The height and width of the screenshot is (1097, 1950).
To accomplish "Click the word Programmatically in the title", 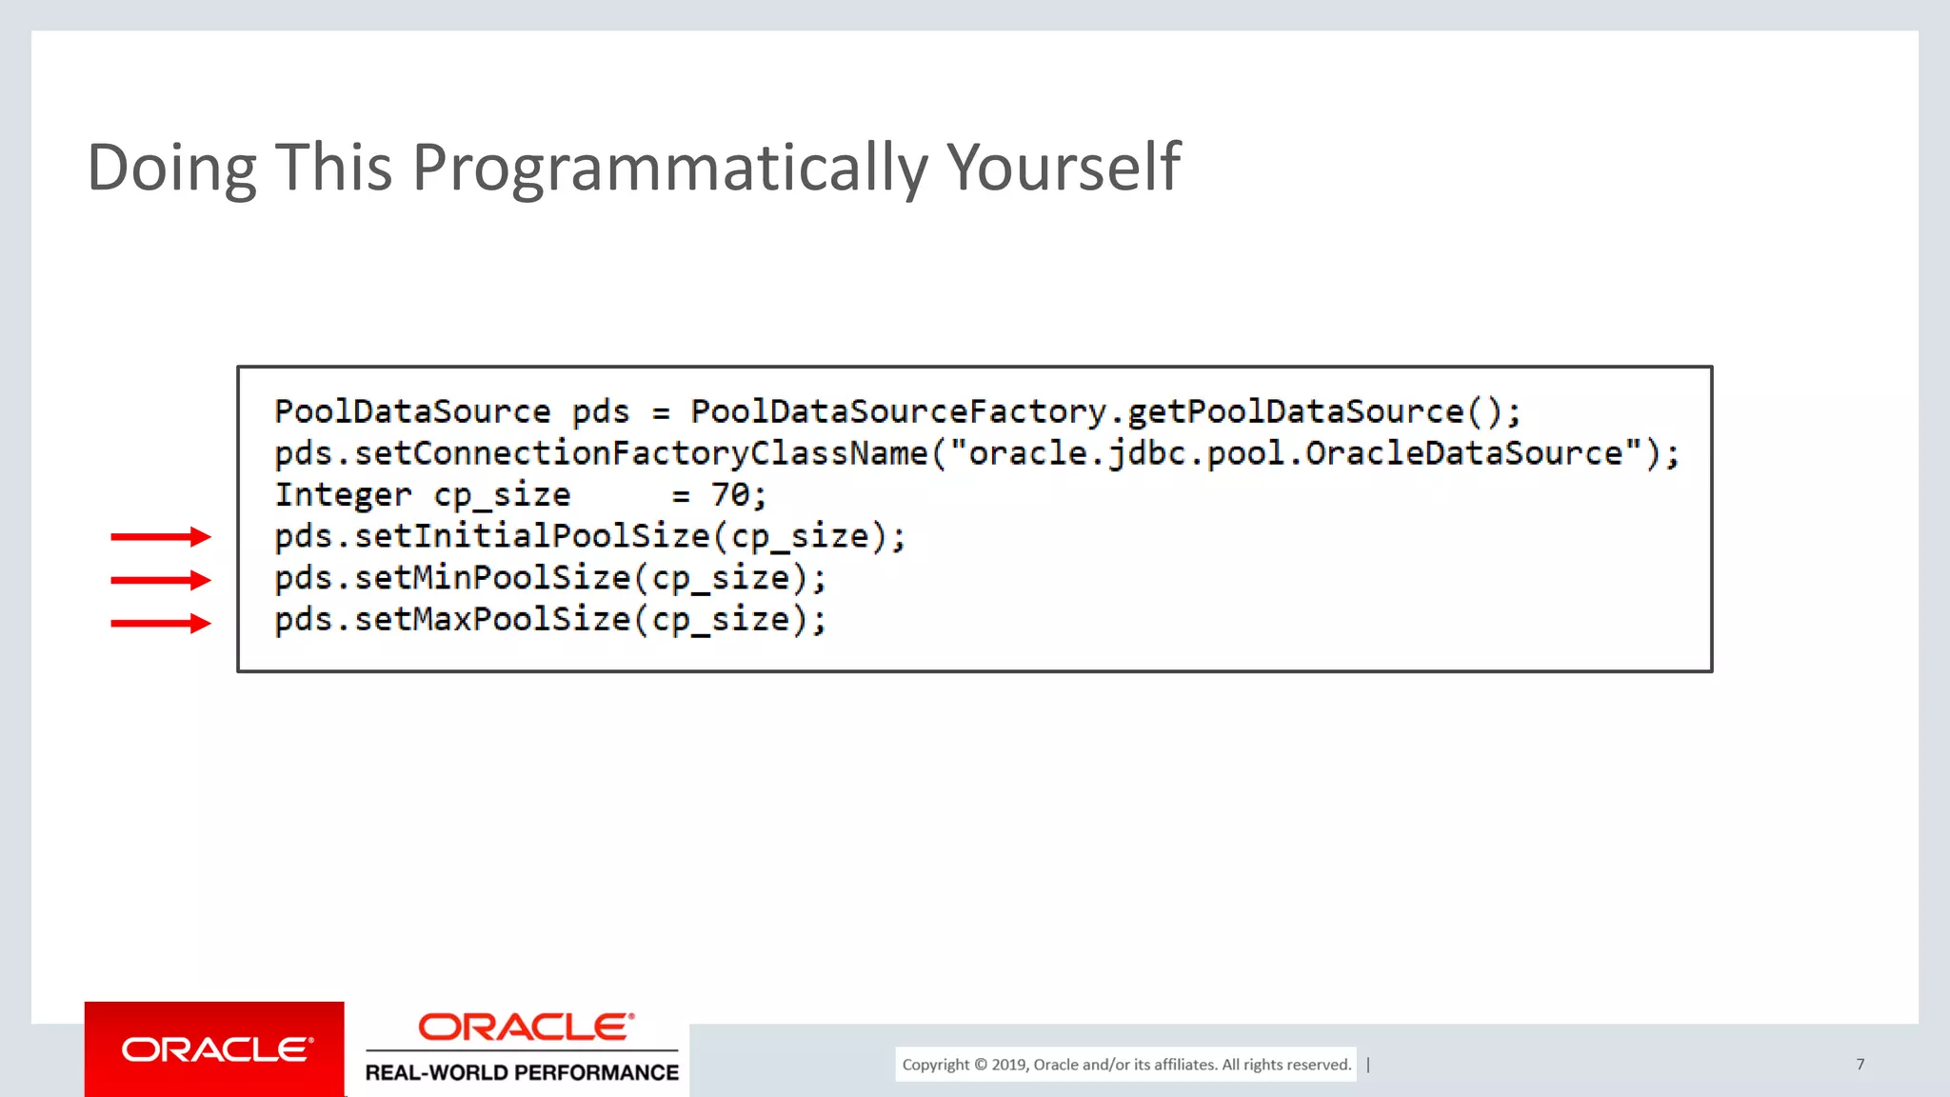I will (x=668, y=168).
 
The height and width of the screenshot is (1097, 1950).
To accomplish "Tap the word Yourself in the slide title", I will (x=1063, y=168).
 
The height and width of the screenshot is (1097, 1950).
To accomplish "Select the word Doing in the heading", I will (x=171, y=168).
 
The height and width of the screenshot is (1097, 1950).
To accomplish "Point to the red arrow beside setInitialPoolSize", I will (x=160, y=537).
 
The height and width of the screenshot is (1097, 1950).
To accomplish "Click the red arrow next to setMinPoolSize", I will (x=160, y=580).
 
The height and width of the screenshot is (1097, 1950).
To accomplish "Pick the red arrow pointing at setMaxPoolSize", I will (x=160, y=624).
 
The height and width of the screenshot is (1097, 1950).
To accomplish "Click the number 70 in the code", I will (x=731, y=495).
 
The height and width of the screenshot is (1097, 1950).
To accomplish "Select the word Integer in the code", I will (x=343, y=495).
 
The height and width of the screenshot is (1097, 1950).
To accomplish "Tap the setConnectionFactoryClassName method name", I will (x=640, y=453).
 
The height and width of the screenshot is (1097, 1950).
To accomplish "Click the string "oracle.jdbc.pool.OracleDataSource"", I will (x=1295, y=453).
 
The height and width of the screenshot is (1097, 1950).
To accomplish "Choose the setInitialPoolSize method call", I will (x=531, y=537).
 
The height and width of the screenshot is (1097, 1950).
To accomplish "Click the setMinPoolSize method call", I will (x=492, y=579).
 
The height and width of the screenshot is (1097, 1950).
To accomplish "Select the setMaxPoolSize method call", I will (x=492, y=620).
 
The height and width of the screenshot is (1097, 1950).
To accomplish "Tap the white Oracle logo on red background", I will (x=215, y=1049).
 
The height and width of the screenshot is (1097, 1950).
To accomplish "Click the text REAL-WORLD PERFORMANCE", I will (x=522, y=1073).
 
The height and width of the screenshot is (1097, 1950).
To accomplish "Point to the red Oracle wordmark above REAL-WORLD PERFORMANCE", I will (x=526, y=1027).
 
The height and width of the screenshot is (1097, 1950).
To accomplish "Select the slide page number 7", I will (x=1860, y=1064).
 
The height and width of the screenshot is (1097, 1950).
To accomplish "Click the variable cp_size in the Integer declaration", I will (x=502, y=495).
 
